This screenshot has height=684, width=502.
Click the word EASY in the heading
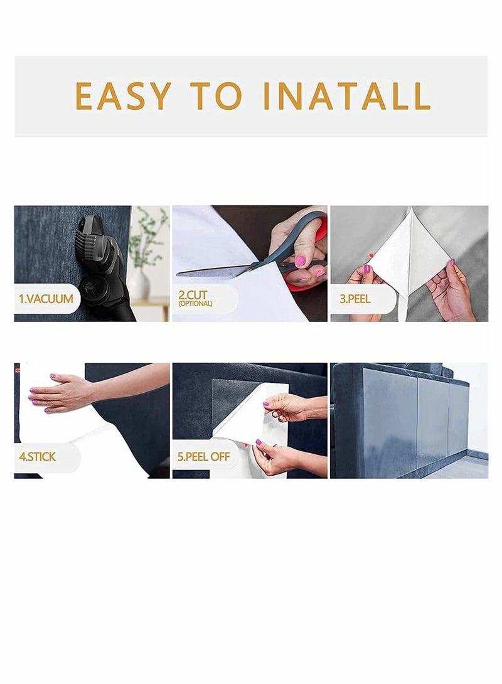click(123, 96)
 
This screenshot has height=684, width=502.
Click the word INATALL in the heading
click(347, 96)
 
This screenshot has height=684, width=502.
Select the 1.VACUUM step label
click(45, 299)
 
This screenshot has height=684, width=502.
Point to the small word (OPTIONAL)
click(195, 304)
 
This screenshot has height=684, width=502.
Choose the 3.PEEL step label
click(355, 299)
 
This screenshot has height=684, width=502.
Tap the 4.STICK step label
click(38, 457)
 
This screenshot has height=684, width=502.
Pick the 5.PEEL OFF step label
click(203, 457)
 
